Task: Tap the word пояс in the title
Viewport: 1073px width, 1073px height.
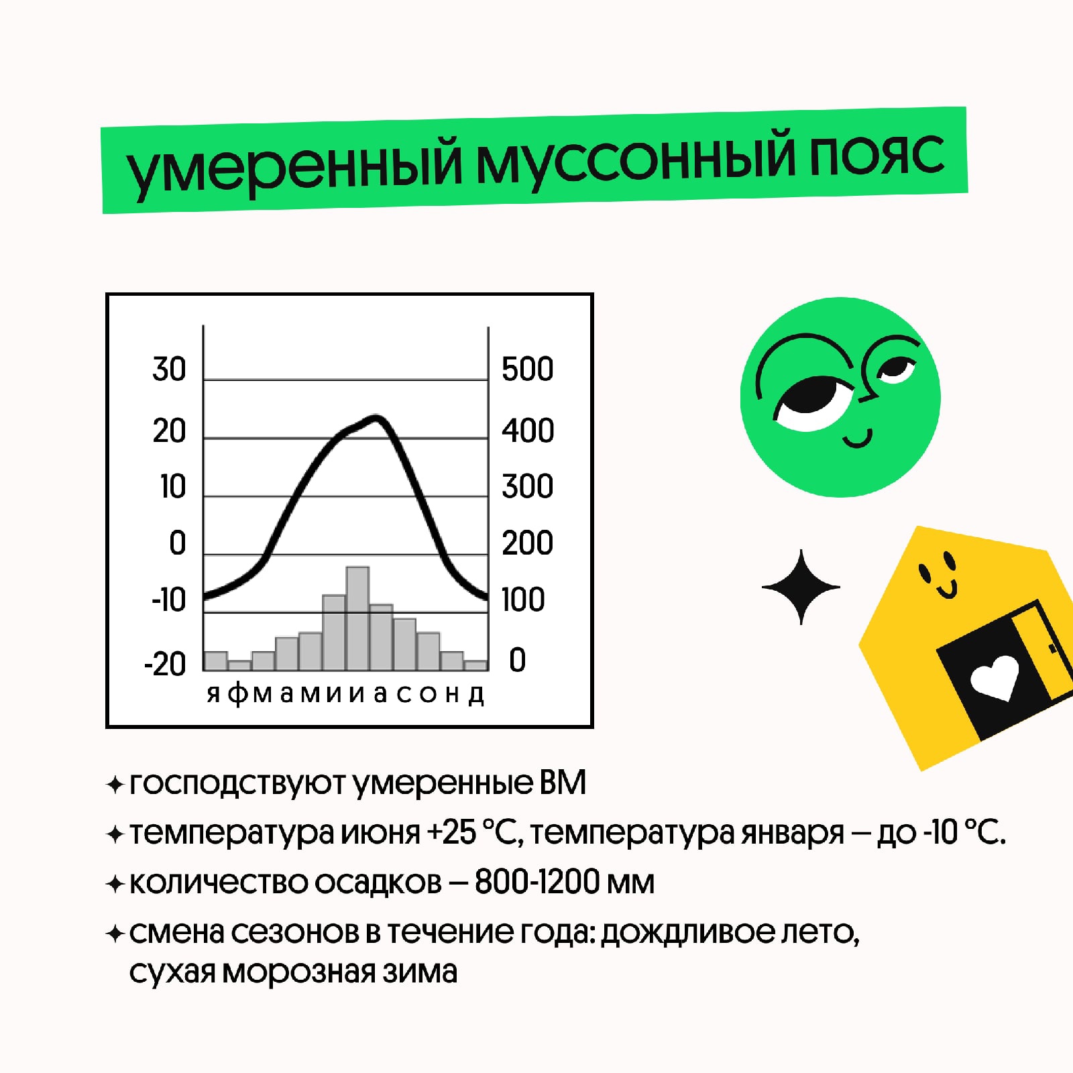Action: coord(877,155)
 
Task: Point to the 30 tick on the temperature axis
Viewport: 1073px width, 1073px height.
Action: coord(169,370)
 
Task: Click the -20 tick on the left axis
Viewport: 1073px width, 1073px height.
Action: coord(165,664)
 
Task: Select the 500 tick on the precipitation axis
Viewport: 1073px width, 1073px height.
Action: coord(528,370)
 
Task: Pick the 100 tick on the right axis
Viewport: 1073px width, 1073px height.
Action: coord(523,600)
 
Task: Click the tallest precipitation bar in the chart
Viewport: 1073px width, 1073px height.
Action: coord(357,618)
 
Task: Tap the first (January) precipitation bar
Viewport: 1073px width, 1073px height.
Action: coord(215,661)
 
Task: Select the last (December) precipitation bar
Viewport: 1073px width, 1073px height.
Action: coord(475,665)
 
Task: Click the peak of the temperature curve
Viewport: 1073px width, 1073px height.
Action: coord(376,418)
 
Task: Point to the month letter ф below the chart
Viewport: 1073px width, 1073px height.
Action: coord(237,693)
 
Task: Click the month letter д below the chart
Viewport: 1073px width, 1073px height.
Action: coord(476,695)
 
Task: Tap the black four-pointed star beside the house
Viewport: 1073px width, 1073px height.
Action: coord(801,587)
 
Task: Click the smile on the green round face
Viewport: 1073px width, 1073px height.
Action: coord(858,440)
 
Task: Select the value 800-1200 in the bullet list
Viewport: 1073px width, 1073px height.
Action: coord(536,882)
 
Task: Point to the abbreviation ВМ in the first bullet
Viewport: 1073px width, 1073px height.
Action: coord(563,783)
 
